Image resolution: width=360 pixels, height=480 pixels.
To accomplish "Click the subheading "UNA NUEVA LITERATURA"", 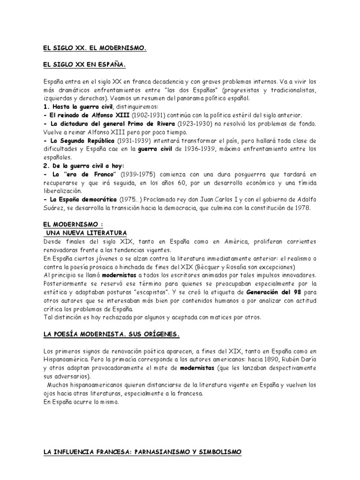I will (86, 232).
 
